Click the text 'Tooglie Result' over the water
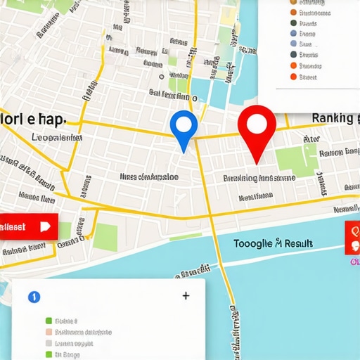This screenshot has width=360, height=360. click(273, 244)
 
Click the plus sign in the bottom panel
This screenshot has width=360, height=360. click(186, 296)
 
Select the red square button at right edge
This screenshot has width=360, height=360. click(352, 238)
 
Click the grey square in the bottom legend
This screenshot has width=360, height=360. click(49, 344)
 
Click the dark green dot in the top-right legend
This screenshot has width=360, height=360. click(293, 22)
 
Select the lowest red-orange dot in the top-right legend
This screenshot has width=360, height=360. click(293, 77)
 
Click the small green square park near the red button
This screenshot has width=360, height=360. click(105, 236)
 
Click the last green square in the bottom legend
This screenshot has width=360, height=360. click(49, 355)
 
